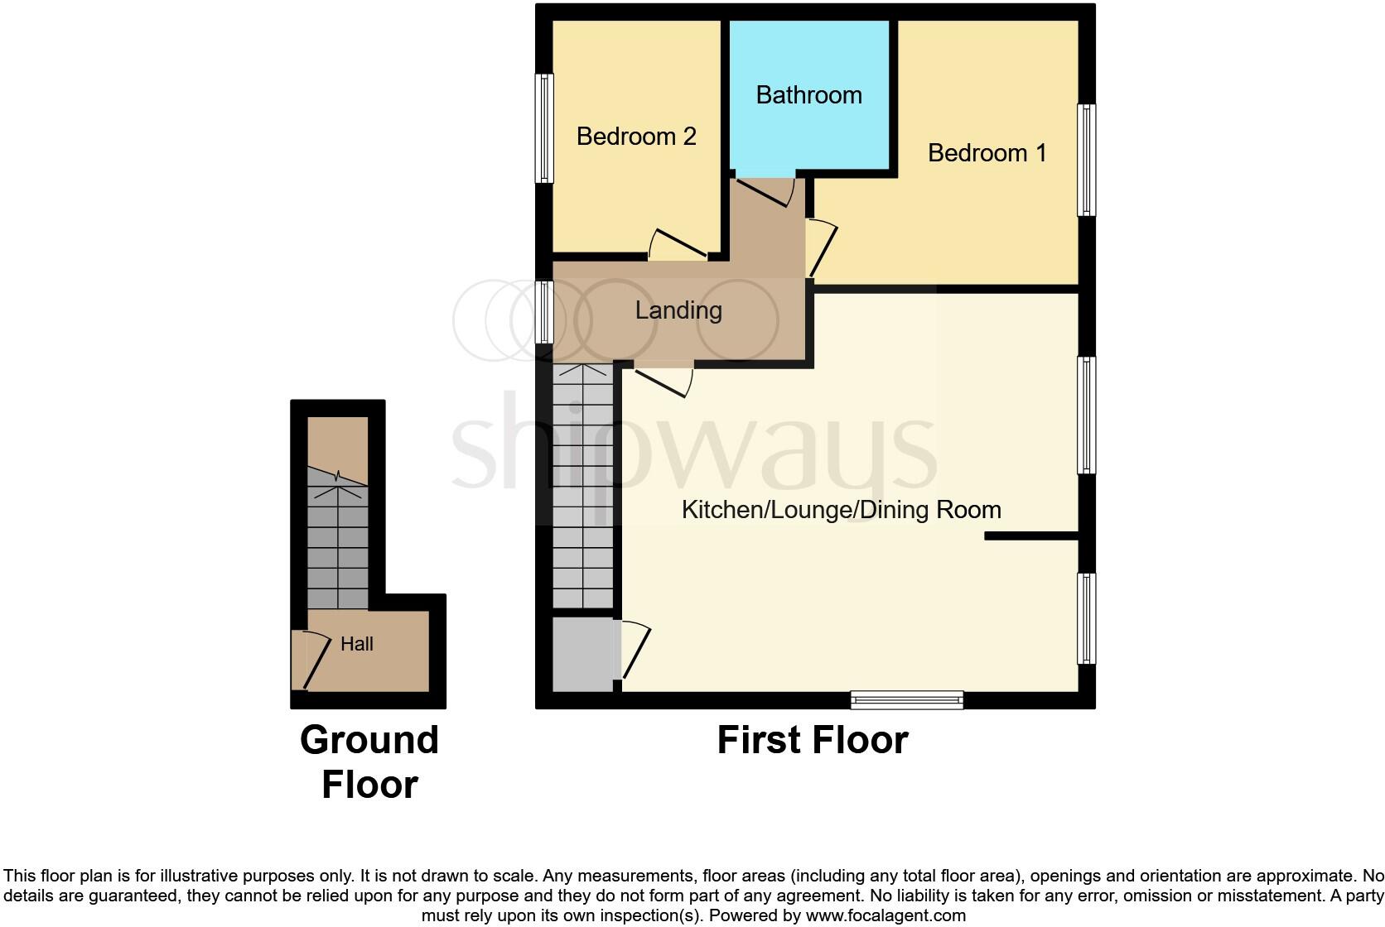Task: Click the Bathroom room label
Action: pyautogui.click(x=808, y=95)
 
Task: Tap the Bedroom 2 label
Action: pyautogui.click(x=635, y=137)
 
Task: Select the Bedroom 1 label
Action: pyautogui.click(x=987, y=153)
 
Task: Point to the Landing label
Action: pyautogui.click(x=678, y=310)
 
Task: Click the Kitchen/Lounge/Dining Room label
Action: pyautogui.click(x=841, y=510)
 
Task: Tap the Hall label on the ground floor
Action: pyautogui.click(x=356, y=644)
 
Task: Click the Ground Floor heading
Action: pyautogui.click(x=369, y=762)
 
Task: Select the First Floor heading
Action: pyautogui.click(x=812, y=740)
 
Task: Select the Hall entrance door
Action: pyautogui.click(x=306, y=660)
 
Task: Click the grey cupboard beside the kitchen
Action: pyautogui.click(x=584, y=654)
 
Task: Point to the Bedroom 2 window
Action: pyautogui.click(x=543, y=128)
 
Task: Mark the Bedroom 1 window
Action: pyautogui.click(x=1086, y=160)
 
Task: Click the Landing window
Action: pyautogui.click(x=543, y=312)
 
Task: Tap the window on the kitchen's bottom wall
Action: pyautogui.click(x=907, y=700)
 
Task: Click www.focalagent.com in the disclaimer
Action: pyautogui.click(x=885, y=915)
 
